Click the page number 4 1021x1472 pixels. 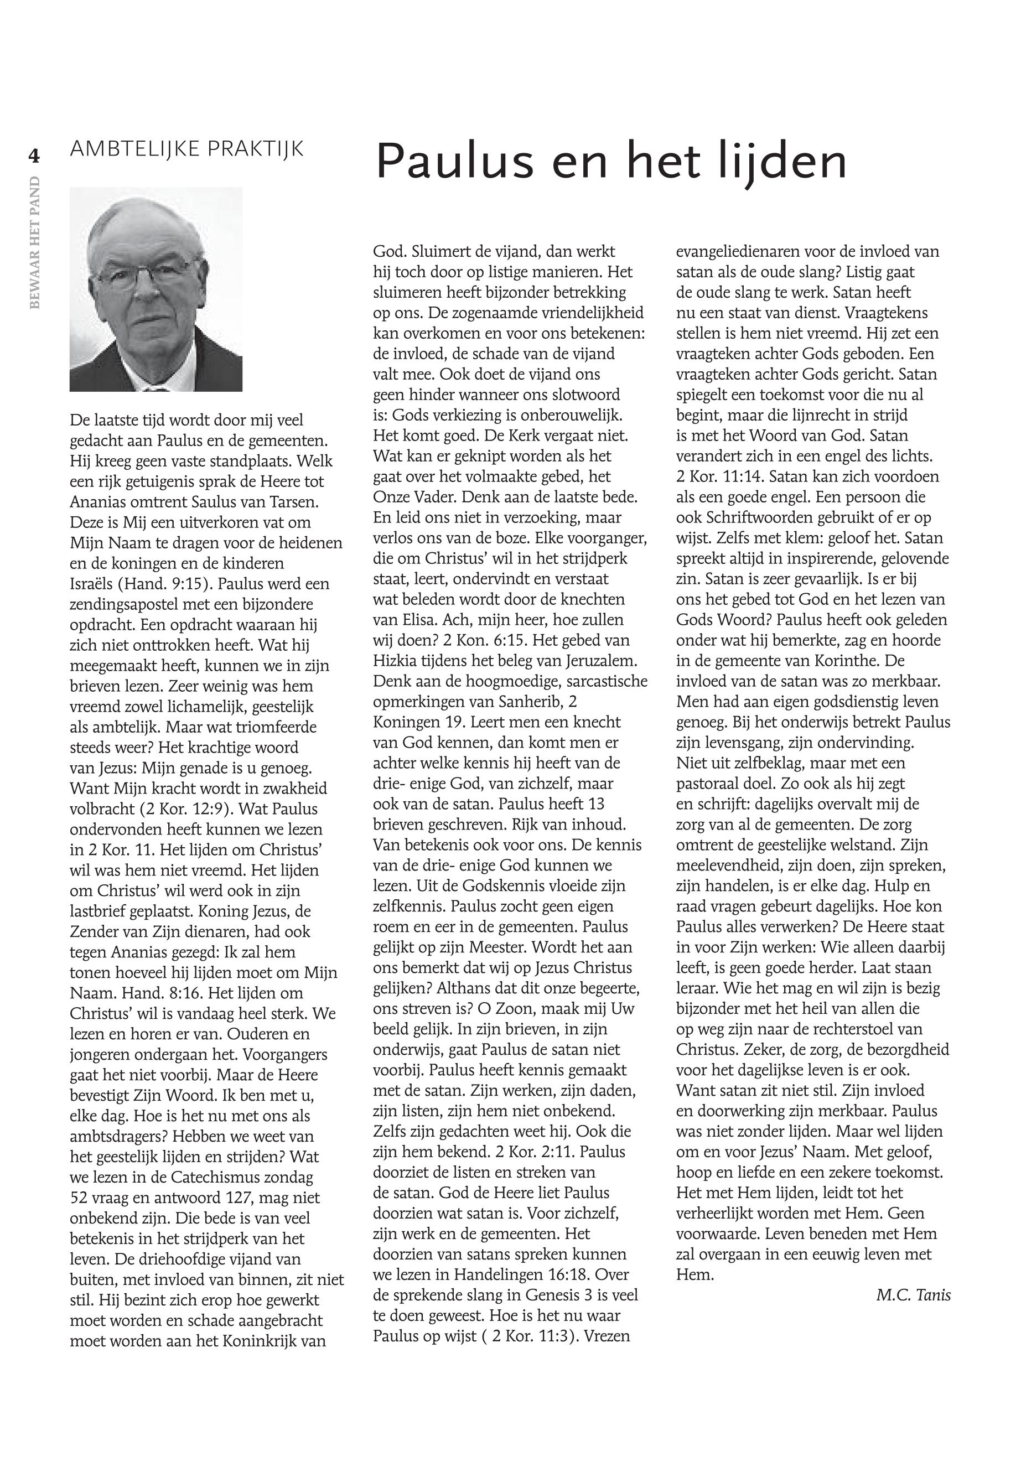pos(33,156)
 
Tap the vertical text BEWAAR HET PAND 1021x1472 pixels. pos(35,242)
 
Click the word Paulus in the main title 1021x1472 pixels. pos(454,161)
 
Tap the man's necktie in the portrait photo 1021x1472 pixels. pos(156,386)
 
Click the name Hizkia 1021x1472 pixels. pos(394,661)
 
